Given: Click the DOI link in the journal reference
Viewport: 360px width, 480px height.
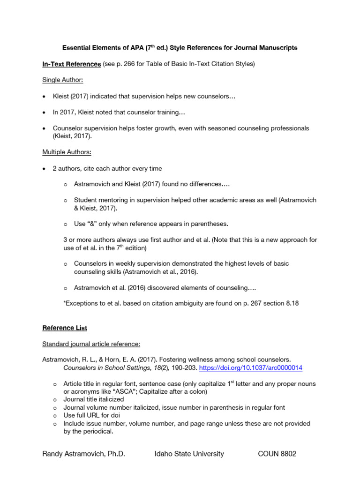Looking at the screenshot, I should point(251,368).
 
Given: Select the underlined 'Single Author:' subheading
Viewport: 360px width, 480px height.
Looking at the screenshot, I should point(63,80).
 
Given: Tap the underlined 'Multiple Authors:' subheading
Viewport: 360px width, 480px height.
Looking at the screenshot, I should point(67,152).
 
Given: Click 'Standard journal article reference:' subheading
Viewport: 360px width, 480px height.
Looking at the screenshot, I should point(91,344).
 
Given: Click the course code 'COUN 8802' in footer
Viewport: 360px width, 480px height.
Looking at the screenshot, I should point(277,454).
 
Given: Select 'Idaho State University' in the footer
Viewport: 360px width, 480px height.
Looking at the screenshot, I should point(189,454).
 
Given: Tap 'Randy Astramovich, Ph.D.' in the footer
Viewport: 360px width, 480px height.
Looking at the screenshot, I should point(84,454).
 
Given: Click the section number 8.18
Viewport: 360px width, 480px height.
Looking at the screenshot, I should point(290,303).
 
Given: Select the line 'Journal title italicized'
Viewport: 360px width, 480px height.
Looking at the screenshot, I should point(94,399).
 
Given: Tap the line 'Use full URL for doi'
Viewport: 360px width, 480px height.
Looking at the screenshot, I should point(92,415).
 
